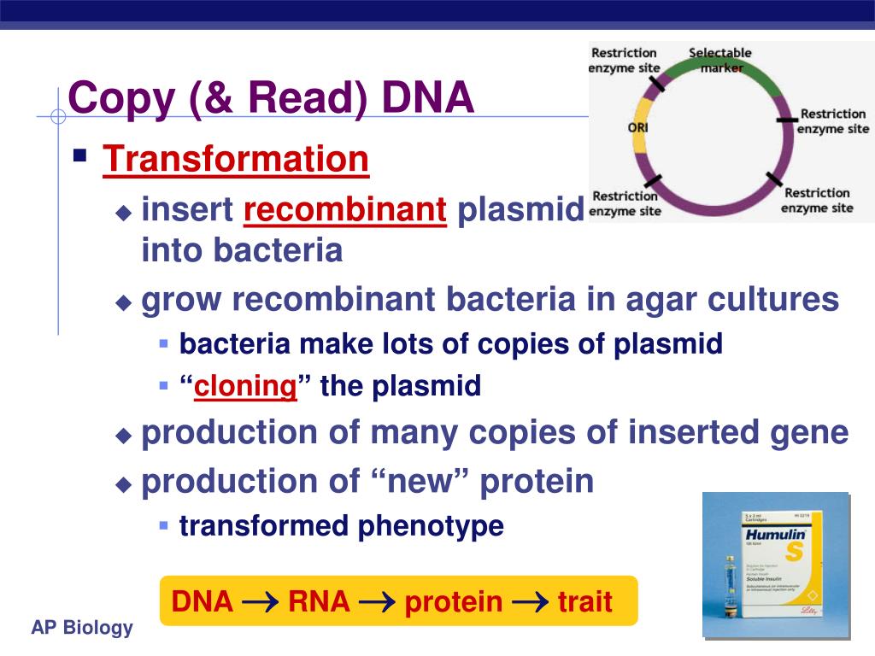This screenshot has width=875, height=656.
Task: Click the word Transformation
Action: tap(236, 160)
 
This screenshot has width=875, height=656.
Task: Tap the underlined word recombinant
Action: tap(345, 209)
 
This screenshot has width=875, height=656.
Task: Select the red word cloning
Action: tap(245, 386)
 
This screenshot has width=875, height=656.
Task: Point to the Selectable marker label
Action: tap(720, 60)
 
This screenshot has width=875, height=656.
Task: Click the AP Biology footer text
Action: tap(82, 629)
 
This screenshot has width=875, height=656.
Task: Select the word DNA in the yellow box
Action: tap(203, 601)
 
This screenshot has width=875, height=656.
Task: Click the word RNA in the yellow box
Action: tap(319, 601)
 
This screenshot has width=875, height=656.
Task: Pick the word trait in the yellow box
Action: tap(585, 601)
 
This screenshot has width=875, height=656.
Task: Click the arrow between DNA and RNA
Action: tap(260, 602)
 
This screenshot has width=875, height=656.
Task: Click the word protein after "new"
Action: tap(536, 482)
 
